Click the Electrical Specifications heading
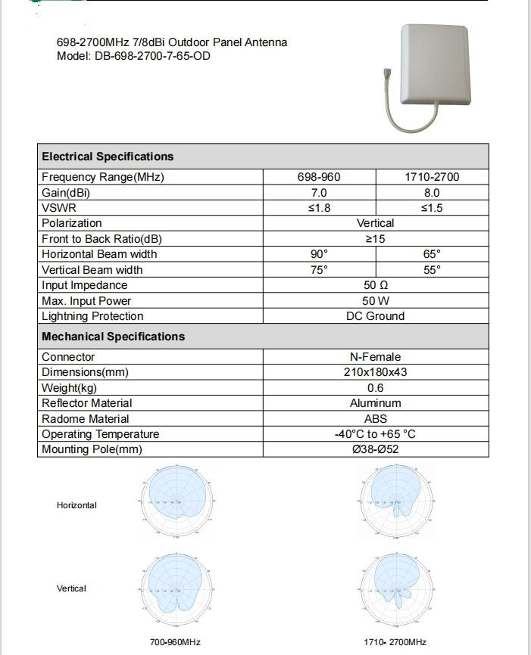coord(108,157)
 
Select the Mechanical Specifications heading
coord(113,337)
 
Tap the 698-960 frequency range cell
coord(319,177)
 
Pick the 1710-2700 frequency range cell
coord(432,177)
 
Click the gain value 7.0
coord(319,193)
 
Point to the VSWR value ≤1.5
coord(432,208)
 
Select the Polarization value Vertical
coord(375,223)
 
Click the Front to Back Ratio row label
coord(102,239)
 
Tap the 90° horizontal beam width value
coord(319,254)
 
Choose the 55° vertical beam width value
coord(432,270)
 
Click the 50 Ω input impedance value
coord(375,285)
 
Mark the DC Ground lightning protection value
coord(375,316)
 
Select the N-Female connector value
coord(375,357)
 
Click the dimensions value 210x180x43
coord(375,372)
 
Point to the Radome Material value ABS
coord(375,418)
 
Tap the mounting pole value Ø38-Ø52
coord(375,449)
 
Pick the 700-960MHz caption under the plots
coord(175,642)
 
